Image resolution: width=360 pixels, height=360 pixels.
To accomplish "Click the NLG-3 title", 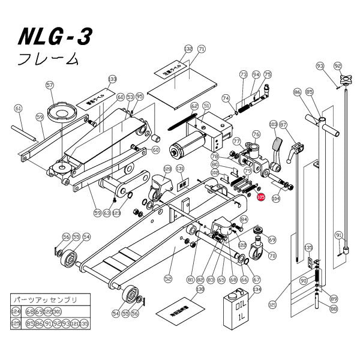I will [x=55, y=38].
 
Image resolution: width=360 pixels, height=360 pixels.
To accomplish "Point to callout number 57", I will [x=50, y=85].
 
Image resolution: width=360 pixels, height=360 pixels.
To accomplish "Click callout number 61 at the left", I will [x=18, y=108].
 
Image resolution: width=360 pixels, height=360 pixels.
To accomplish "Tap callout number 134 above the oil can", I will [x=257, y=288].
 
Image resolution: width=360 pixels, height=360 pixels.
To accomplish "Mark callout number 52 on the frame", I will [x=168, y=277].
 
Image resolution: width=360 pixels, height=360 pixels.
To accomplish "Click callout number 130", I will [x=200, y=289].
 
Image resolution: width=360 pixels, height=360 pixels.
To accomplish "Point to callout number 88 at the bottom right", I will [x=334, y=309].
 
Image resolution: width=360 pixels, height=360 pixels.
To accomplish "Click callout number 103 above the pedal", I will [x=274, y=124].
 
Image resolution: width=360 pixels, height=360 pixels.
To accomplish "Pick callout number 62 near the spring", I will [x=194, y=106].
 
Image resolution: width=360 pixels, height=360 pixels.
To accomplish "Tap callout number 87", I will [x=284, y=124].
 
